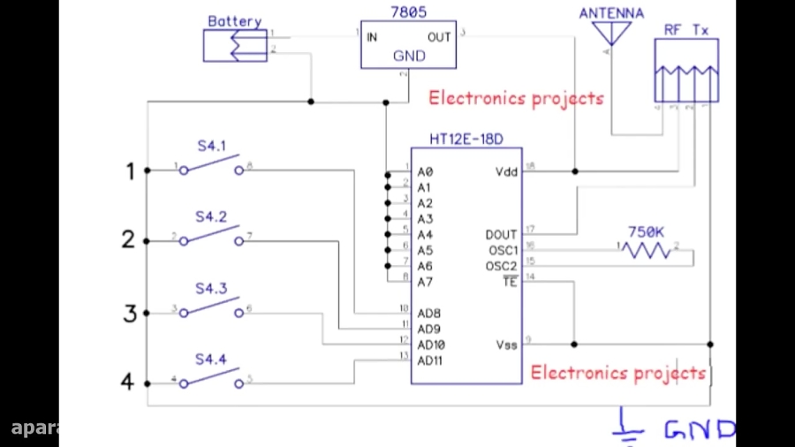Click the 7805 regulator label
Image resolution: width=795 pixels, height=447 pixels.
click(408, 12)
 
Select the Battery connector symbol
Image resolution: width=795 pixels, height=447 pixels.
click(235, 45)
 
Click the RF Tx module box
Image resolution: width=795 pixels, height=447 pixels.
click(685, 70)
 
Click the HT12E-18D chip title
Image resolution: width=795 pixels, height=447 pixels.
click(465, 140)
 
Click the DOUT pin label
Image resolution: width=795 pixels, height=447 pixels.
click(501, 235)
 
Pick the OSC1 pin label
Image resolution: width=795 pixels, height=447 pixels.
click(501, 251)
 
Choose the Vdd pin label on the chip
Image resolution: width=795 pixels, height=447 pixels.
click(506, 171)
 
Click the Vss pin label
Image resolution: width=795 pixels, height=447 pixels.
click(506, 345)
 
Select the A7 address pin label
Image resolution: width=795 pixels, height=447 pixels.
click(425, 282)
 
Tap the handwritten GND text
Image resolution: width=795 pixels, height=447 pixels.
click(698, 430)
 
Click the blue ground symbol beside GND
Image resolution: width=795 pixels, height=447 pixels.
click(628, 428)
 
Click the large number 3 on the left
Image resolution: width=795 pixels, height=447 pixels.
click(130, 313)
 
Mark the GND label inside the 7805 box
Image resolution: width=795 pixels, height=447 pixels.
click(408, 56)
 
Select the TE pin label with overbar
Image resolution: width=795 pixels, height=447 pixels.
click(509, 282)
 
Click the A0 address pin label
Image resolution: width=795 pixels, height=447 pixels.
click(425, 171)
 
